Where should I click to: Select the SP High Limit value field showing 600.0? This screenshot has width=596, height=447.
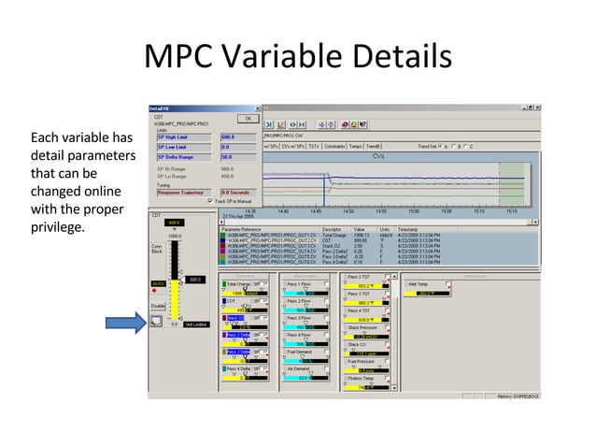238,137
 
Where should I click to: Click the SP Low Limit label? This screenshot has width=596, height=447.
174,147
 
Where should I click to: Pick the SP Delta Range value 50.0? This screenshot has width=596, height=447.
238,157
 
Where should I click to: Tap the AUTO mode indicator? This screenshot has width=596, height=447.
159,282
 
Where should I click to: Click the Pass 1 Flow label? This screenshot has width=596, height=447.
299,284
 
